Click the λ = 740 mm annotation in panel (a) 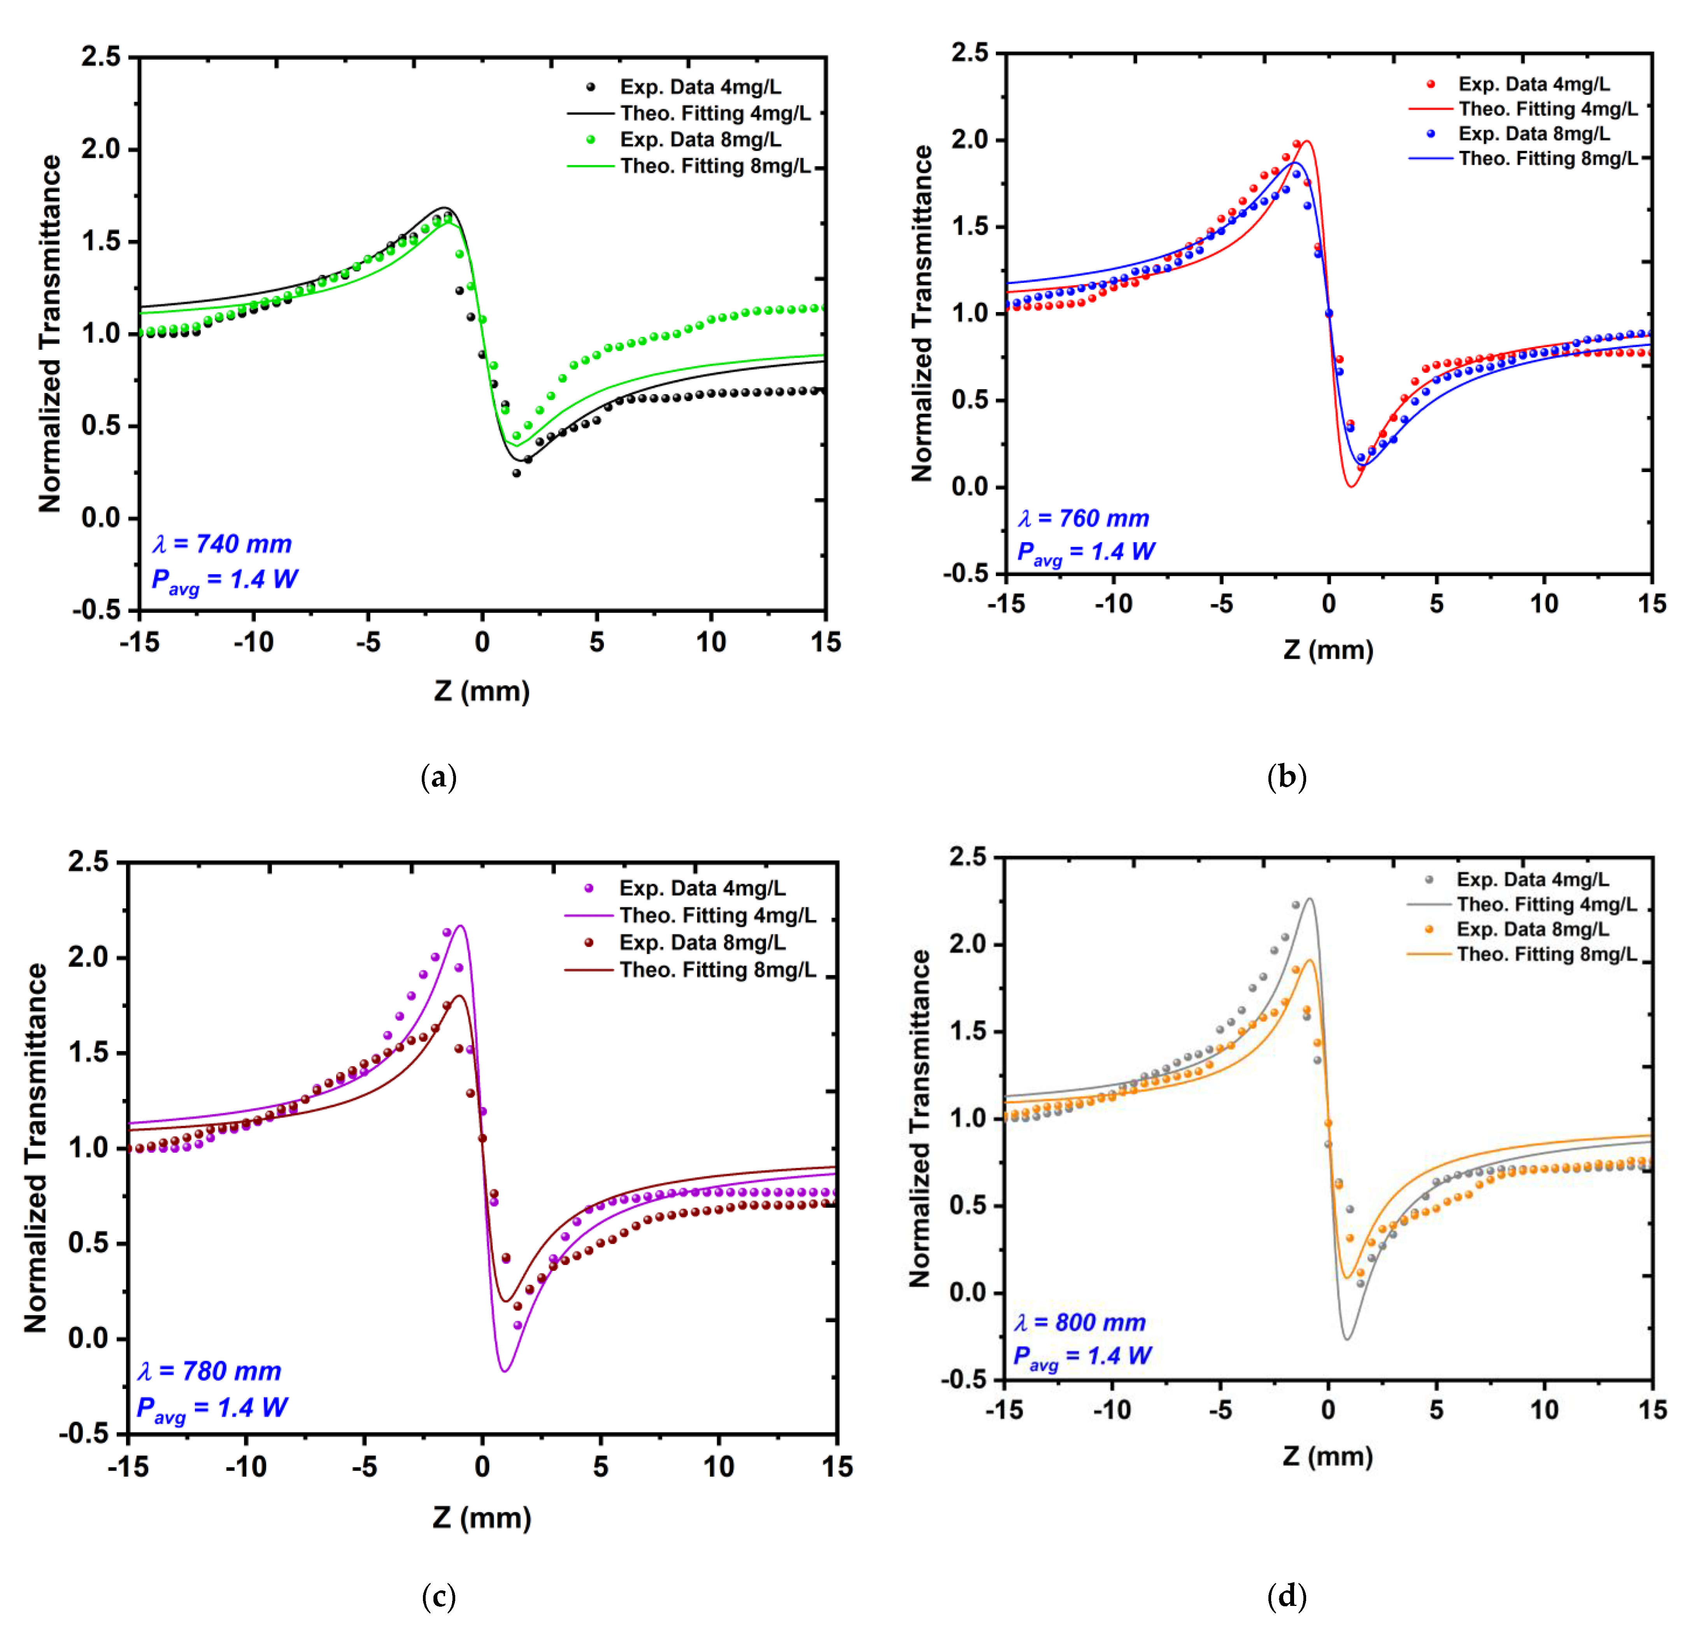pos(222,544)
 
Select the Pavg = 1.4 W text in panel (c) pos(212,1408)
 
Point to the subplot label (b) pos(1286,777)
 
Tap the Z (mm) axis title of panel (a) pos(482,690)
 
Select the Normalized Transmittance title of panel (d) pos(920,1119)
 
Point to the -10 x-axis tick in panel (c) pos(246,1466)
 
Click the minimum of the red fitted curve pos(1351,486)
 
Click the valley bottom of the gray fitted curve pos(1347,1339)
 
